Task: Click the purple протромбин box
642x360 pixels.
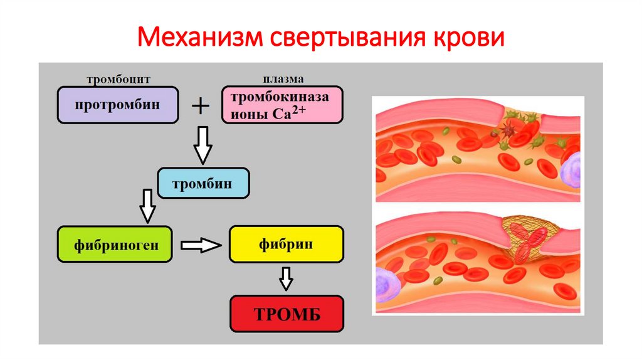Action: [x=118, y=105]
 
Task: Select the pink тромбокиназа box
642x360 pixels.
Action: [x=282, y=105]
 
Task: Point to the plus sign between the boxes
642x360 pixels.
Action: [x=200, y=106]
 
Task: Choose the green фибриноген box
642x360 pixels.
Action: [x=114, y=245]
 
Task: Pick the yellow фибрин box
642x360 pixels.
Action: [x=286, y=245]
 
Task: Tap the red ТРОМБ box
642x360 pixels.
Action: [x=287, y=314]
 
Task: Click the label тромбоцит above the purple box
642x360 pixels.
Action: [x=118, y=80]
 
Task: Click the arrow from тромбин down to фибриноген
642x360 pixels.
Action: [x=148, y=204]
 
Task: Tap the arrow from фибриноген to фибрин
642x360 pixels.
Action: [x=201, y=245]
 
